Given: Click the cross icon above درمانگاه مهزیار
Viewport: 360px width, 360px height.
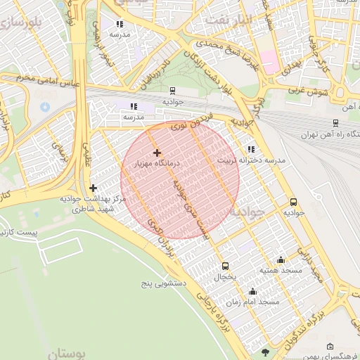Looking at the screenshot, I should tap(156, 153).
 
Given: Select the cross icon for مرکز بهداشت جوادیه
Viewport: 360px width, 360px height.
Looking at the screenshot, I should tap(93, 188).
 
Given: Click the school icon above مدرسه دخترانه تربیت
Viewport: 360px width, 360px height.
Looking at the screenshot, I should tap(251, 149).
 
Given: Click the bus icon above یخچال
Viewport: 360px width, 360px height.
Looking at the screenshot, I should tap(225, 266).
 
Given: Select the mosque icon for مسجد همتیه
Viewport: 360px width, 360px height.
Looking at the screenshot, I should tap(281, 259).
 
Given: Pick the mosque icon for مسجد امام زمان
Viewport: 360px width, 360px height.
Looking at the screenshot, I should tap(252, 291).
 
